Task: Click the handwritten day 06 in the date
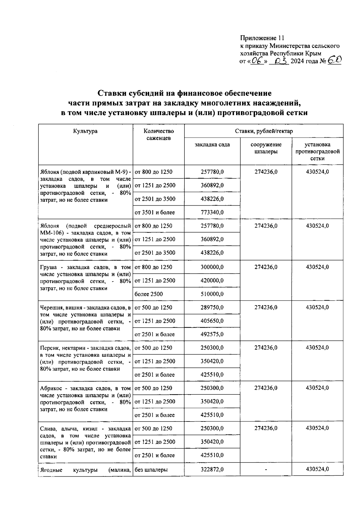(x=257, y=61)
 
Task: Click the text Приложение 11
(x=262, y=38)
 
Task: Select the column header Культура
(x=85, y=131)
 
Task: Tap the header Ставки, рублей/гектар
(x=264, y=131)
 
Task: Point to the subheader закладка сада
(x=212, y=144)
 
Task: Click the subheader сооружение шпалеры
(x=266, y=148)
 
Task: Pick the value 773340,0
(x=212, y=212)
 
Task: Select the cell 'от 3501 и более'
(x=155, y=212)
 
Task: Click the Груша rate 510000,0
(x=212, y=294)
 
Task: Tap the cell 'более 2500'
(x=149, y=294)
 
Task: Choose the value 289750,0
(x=212, y=307)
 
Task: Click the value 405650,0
(x=212, y=321)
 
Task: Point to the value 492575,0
(x=212, y=334)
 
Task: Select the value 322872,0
(x=212, y=469)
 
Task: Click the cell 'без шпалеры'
(x=151, y=469)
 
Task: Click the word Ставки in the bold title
(x=112, y=93)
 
